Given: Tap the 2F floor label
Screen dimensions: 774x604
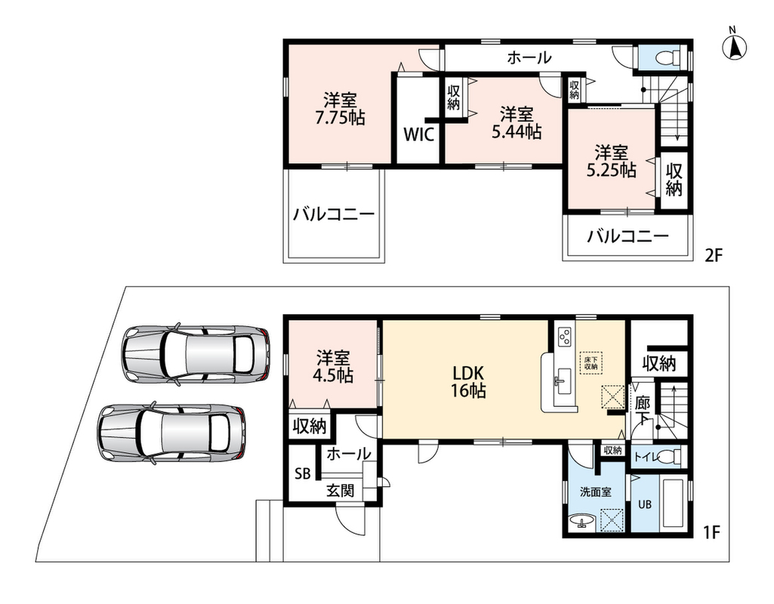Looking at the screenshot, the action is tap(713, 256).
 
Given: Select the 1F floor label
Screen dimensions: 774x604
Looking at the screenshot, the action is tap(712, 532).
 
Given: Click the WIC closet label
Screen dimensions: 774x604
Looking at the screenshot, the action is tap(419, 134).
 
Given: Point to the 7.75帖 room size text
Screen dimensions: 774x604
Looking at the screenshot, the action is tap(340, 118).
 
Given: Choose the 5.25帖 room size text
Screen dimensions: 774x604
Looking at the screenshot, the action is tap(611, 169).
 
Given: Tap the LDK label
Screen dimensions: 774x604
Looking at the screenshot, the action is tap(467, 371).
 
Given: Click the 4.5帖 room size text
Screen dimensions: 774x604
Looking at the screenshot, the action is tap(333, 376).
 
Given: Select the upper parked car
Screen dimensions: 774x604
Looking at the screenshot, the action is tap(196, 353).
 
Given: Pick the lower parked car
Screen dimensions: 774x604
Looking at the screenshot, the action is tap(171, 433).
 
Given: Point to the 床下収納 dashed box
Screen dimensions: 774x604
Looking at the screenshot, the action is tap(591, 362).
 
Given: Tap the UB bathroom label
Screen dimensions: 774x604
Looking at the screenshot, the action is tap(645, 505).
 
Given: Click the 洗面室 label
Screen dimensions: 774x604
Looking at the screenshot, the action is tap(595, 492).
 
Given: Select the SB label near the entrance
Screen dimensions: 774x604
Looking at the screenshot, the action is tap(303, 473).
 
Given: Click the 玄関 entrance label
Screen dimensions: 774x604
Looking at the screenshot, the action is tap(340, 491).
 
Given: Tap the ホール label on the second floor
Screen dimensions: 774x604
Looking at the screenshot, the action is tap(529, 57).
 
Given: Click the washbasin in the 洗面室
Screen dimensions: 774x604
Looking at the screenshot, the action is tap(582, 521).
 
